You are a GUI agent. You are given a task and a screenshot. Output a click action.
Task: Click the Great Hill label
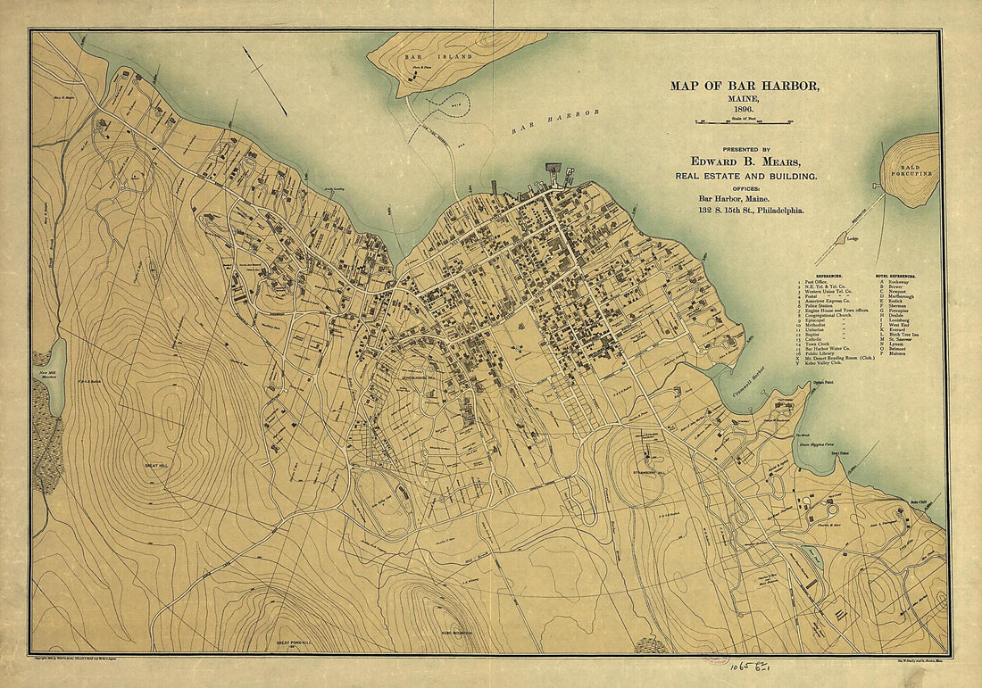click(x=157, y=467)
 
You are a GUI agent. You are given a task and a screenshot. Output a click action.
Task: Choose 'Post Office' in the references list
click(x=816, y=282)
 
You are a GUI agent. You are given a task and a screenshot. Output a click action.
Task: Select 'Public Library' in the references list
click(x=820, y=353)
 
